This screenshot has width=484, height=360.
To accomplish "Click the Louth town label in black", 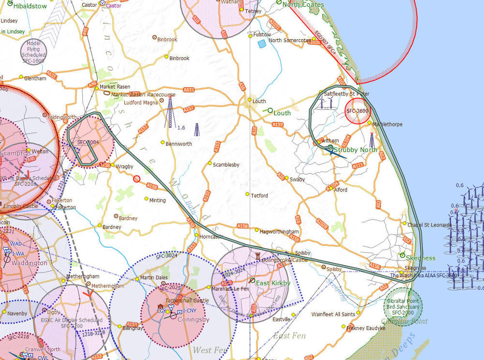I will pyautogui.click(x=259, y=102).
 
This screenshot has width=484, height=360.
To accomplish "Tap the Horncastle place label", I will pyautogui.click(x=210, y=237).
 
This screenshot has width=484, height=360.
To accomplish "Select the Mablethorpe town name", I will pyautogui.click(x=388, y=124).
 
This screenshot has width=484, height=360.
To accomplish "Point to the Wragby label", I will pyautogui.click(x=124, y=166).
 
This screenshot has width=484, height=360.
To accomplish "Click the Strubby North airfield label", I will pyautogui.click(x=355, y=150).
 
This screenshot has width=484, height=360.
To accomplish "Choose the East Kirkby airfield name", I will pyautogui.click(x=273, y=283).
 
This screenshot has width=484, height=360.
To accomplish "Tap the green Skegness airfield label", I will pyautogui.click(x=421, y=258).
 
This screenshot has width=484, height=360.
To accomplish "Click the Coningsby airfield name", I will pyautogui.click(x=193, y=319).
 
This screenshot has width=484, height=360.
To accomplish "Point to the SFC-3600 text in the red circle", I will pyautogui.click(x=358, y=111).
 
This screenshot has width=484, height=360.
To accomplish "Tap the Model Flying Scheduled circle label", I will pyautogui.click(x=33, y=52).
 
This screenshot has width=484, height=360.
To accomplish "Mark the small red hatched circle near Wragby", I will pyautogui.click(x=136, y=179).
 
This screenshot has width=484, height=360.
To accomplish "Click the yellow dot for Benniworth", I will pyautogui.click(x=163, y=142).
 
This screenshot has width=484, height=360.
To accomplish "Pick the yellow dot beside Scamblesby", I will pyautogui.click(x=210, y=163).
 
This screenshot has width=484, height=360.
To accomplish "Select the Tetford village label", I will pyautogui.click(x=259, y=196).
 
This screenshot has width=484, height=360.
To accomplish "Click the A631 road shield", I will pyautogui.click(x=189, y=90).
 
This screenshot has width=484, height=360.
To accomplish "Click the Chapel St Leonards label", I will pyautogui.click(x=429, y=225).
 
